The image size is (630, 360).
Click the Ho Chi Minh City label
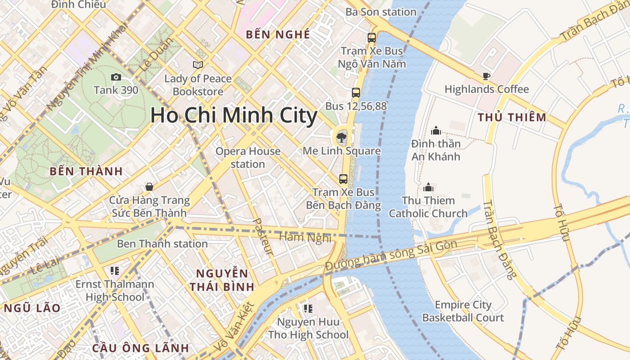tap(234, 116)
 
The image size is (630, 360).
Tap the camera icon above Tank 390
tap(116, 77)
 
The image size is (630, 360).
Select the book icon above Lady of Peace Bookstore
tap(198, 65)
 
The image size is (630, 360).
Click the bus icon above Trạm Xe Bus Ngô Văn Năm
tap(372, 38)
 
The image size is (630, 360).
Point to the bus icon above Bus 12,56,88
tap(356, 93)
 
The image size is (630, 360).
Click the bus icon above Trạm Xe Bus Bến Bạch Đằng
tap(343, 179)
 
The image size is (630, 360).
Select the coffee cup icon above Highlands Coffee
tap(486, 76)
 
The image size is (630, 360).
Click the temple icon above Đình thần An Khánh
tap(436, 130)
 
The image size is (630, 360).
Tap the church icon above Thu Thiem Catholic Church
tap(428, 187)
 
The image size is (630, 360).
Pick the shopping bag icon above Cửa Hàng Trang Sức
tap(149, 186)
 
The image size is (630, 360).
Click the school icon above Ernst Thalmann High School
tap(114, 270)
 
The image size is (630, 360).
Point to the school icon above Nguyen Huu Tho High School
tap(308, 308)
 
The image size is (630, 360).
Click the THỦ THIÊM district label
tap(512, 117)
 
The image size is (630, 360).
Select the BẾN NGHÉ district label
tap(278, 35)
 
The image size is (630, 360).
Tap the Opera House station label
tap(248, 157)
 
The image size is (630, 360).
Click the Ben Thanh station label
tap(162, 244)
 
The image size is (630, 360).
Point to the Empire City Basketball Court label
tap(463, 311)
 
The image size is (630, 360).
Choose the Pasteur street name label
tap(264, 237)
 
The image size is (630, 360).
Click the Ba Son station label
tap(381, 12)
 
